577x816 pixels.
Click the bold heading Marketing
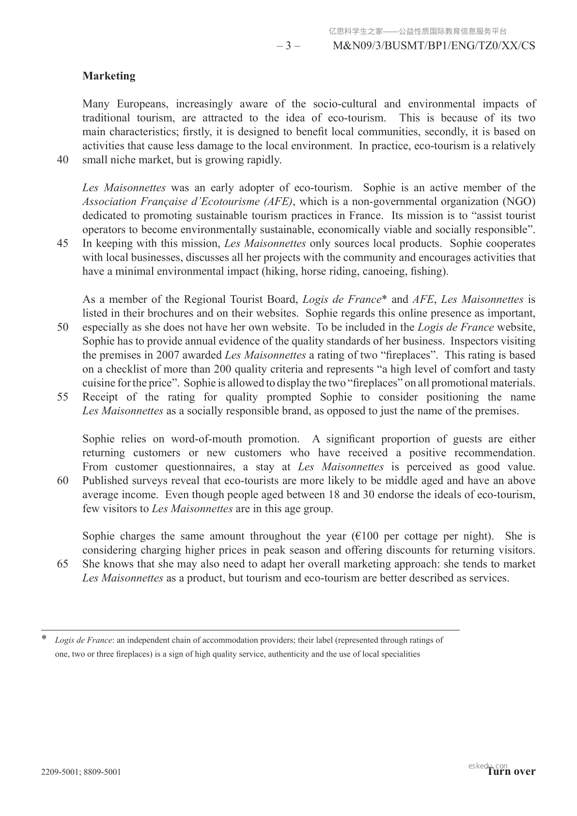(109, 76)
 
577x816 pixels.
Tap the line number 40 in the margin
(62, 160)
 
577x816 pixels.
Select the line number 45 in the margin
(62, 244)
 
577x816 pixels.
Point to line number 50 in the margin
(62, 327)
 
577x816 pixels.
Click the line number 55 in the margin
(62, 397)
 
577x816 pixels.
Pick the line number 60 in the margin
(62, 481)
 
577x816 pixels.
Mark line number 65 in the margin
(62, 564)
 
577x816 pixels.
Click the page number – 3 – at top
(288, 46)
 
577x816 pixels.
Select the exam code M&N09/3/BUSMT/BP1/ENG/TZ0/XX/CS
(435, 46)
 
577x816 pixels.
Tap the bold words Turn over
(512, 771)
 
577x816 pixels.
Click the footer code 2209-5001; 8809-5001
(81, 772)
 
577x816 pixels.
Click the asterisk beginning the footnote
(45, 639)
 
